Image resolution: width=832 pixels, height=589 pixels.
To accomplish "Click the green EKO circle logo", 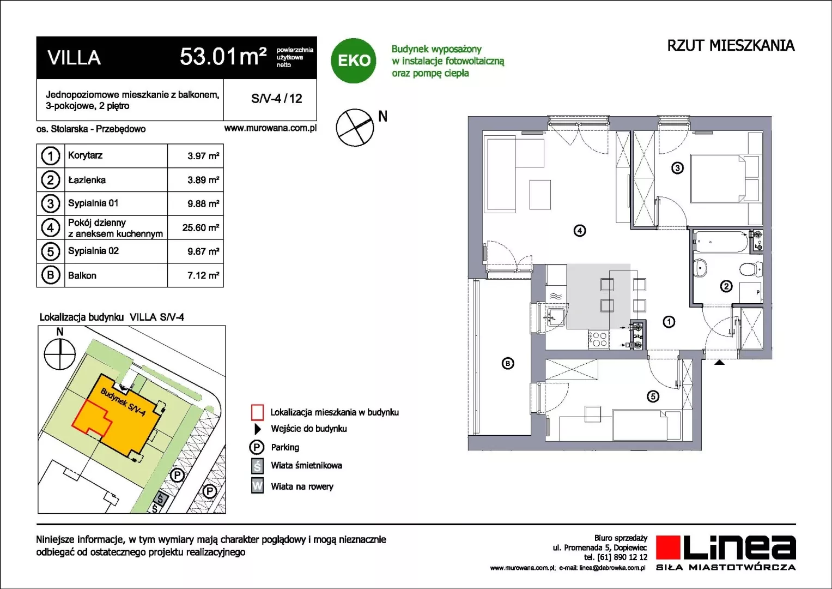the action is point(353,61).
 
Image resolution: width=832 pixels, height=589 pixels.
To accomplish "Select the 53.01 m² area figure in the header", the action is point(223,57).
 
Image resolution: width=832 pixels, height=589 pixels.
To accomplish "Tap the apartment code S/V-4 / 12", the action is point(277,99).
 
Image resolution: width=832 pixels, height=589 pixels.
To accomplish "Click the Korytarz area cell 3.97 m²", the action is point(203,156).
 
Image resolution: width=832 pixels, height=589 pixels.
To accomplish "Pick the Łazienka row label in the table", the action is point(87,180).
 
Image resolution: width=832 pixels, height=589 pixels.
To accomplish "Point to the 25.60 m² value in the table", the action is point(201,227).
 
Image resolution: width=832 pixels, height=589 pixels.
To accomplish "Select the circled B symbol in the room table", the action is point(51,275).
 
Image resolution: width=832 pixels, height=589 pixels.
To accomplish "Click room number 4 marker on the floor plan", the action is point(579,231).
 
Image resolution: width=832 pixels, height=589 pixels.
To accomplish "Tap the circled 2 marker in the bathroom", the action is point(726,286).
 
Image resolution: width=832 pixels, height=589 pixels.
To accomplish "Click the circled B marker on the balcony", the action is point(508,363).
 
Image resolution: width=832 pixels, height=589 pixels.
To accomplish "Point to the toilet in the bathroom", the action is point(750,269).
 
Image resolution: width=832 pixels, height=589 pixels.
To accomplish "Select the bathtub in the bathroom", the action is point(720,242).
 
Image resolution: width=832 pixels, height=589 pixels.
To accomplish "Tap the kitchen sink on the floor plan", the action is point(556,317).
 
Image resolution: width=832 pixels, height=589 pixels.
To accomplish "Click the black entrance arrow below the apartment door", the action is point(719,362).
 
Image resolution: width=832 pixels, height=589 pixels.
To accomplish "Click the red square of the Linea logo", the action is point(668,547).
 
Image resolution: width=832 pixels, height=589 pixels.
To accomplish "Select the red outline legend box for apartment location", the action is point(257,412).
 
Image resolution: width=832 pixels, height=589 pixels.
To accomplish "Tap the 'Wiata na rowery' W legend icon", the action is point(257,485).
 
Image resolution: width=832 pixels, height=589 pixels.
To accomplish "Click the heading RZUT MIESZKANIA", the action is point(731,46).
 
